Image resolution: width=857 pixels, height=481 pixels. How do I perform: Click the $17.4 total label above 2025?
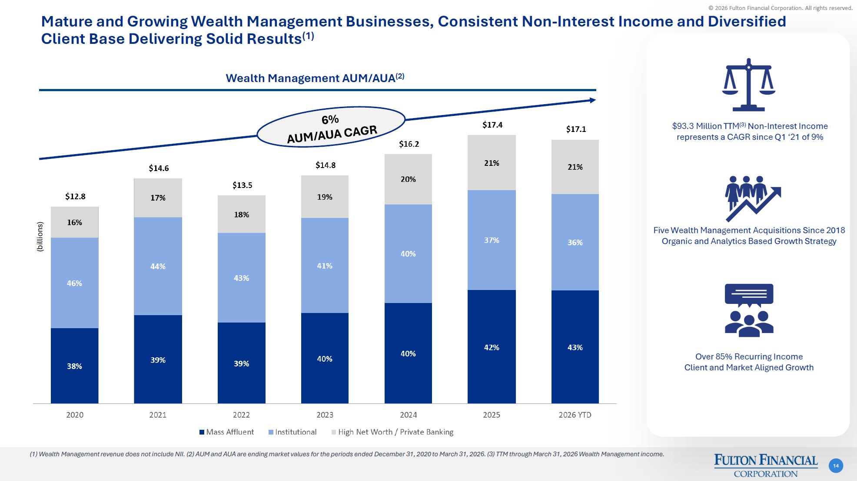click(x=492, y=125)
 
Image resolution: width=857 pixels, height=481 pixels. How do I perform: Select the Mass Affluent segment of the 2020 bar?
click(x=74, y=366)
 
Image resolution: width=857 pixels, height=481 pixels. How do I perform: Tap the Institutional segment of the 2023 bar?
click(x=325, y=265)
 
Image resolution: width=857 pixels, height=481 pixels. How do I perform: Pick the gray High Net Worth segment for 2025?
click(x=492, y=163)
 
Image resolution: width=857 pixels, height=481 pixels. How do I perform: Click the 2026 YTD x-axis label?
click(x=575, y=415)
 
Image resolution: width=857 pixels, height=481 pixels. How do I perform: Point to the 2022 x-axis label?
click(x=241, y=415)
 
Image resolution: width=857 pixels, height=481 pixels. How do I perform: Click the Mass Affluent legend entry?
click(x=226, y=432)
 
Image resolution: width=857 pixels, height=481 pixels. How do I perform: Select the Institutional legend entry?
click(x=292, y=432)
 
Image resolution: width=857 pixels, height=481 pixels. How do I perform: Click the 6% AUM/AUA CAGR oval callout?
click(x=331, y=127)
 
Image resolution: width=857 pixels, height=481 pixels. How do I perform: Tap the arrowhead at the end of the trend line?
click(x=592, y=100)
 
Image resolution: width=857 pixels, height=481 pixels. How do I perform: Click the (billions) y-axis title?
click(x=40, y=237)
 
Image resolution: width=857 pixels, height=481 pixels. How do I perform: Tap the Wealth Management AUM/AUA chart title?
click(x=315, y=78)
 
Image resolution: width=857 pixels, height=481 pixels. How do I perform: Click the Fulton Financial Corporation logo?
click(x=765, y=465)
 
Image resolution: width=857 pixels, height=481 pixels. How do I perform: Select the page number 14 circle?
click(x=836, y=466)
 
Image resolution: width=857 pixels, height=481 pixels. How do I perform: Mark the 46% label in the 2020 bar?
click(x=74, y=283)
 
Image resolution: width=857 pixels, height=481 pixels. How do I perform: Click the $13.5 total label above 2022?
click(x=242, y=185)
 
